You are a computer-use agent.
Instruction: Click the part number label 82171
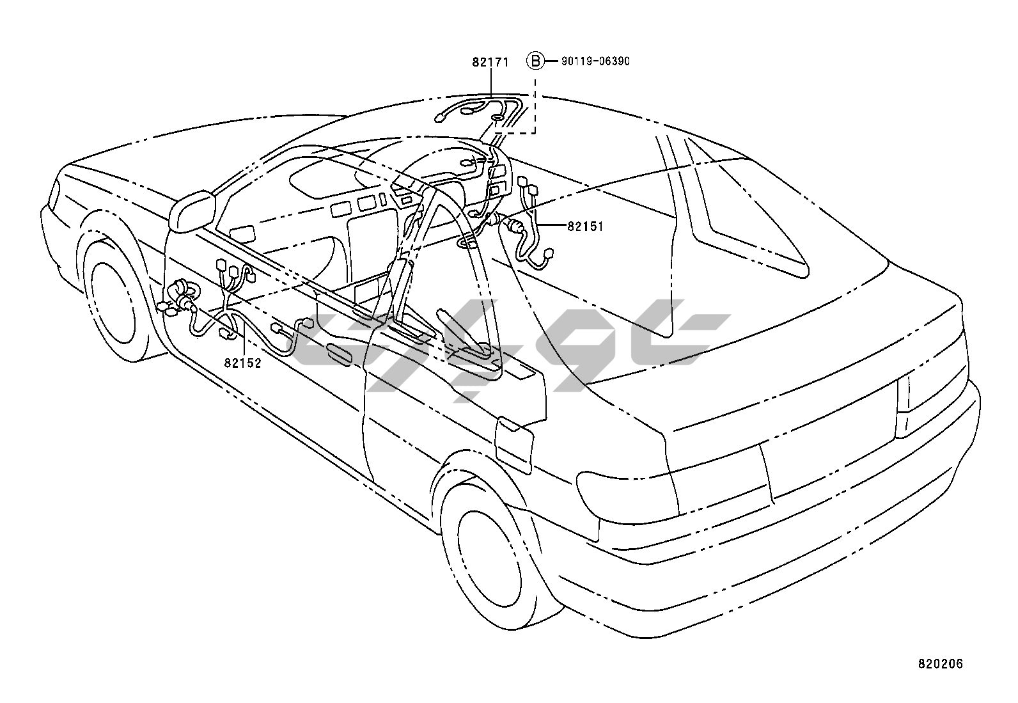[490, 63]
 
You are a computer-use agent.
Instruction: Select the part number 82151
[584, 226]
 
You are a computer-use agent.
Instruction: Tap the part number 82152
[242, 363]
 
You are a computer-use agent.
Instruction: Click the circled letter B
[535, 61]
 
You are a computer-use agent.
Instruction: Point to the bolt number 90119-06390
[595, 61]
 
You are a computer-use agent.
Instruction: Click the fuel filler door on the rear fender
[514, 445]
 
